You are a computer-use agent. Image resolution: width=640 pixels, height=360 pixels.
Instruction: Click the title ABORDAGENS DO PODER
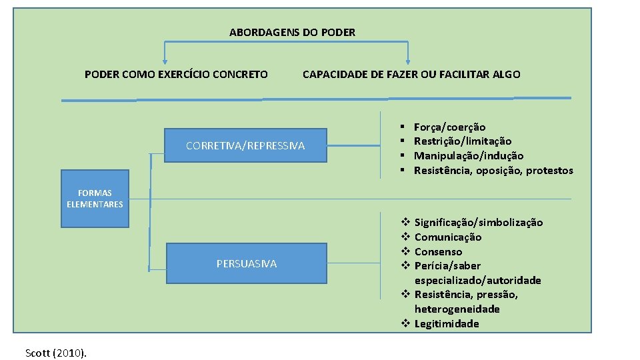click(x=292, y=32)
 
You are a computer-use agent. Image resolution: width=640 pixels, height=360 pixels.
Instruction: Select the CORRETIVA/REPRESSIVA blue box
click(x=245, y=145)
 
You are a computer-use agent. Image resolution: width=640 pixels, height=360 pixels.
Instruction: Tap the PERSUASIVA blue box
click(x=246, y=264)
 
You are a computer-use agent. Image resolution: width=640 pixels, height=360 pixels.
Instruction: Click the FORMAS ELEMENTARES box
click(x=95, y=199)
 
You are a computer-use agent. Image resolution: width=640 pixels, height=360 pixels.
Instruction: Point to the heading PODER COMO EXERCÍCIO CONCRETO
click(x=176, y=74)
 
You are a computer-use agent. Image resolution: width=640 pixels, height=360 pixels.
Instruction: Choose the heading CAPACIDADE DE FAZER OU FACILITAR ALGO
click(x=411, y=74)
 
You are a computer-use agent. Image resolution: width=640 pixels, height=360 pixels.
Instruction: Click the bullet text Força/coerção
click(x=449, y=127)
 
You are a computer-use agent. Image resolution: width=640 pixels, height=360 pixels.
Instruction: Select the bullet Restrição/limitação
click(x=463, y=141)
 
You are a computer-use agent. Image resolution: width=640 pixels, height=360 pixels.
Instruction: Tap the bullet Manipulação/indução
click(x=469, y=156)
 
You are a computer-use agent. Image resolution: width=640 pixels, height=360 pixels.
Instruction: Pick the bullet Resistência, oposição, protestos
click(x=493, y=171)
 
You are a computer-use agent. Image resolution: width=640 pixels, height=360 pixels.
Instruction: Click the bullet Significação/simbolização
click(x=479, y=223)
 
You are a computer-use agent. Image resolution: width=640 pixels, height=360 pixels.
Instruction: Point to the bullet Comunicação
click(x=448, y=237)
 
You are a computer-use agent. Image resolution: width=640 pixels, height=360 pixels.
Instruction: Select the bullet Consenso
click(x=438, y=252)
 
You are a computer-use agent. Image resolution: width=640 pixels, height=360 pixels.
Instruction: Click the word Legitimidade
click(x=447, y=324)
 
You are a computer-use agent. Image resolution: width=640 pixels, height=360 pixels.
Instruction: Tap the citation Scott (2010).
click(x=56, y=353)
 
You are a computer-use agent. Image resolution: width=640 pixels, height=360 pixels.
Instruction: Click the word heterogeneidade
click(x=457, y=309)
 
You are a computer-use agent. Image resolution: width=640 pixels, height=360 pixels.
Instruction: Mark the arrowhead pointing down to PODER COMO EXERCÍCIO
click(x=165, y=60)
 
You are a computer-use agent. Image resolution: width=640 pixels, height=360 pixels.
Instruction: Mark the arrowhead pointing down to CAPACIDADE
click(x=407, y=60)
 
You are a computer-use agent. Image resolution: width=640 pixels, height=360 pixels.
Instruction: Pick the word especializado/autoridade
click(x=477, y=281)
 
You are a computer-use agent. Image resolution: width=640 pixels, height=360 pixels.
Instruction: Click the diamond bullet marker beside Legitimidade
click(x=405, y=324)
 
